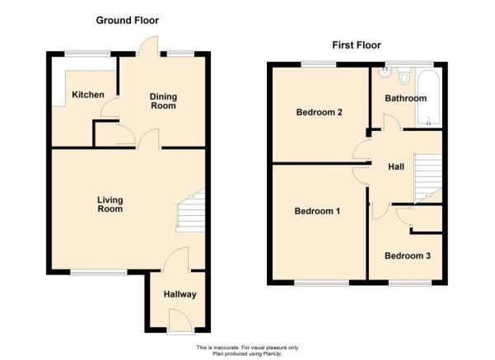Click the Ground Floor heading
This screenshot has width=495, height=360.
[127, 21]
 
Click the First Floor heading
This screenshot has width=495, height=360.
[357, 45]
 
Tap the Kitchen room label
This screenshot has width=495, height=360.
[88, 95]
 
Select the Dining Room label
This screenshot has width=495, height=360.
[163, 101]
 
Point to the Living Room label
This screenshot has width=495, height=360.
[110, 204]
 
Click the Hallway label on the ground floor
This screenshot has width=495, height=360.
[180, 294]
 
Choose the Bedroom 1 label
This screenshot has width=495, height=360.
[317, 211]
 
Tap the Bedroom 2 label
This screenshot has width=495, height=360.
[320, 112]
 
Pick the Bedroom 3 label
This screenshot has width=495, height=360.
[408, 255]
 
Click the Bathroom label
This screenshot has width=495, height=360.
[406, 98]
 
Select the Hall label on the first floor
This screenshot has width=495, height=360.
[396, 166]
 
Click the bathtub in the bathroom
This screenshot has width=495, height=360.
[428, 98]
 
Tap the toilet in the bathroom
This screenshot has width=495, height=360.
[404, 75]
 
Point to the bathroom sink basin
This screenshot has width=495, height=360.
[385, 72]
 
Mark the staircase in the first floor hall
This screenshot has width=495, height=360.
[427, 179]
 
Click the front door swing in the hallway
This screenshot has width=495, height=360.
[180, 320]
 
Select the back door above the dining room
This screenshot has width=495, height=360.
[147, 46]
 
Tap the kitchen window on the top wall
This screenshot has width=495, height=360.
[87, 54]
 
